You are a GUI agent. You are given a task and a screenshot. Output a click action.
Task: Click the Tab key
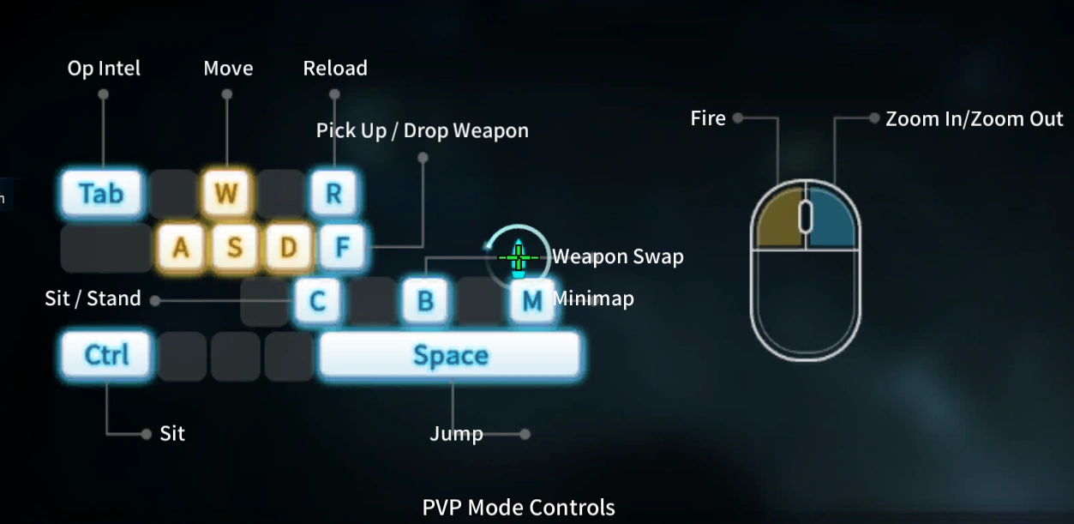click(102, 193)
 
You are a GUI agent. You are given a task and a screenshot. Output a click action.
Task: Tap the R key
click(333, 193)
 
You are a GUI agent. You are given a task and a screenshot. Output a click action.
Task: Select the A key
click(180, 247)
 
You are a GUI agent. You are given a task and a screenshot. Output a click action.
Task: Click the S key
click(234, 247)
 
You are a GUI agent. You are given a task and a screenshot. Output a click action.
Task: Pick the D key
click(288, 247)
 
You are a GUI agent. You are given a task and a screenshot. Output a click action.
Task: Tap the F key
click(342, 247)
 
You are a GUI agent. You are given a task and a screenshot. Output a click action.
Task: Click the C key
click(317, 301)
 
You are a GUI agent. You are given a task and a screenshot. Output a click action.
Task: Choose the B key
click(424, 301)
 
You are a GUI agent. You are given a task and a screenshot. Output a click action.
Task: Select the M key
click(531, 301)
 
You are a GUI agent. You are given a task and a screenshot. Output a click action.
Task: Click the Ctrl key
click(106, 355)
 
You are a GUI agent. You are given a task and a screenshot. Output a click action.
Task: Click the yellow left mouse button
click(777, 221)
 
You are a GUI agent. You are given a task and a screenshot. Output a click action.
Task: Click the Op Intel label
click(104, 69)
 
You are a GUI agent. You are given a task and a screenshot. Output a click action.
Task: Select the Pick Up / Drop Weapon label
click(422, 130)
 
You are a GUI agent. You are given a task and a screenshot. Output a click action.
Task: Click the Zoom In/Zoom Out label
click(974, 119)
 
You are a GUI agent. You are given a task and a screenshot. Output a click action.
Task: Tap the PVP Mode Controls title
click(519, 507)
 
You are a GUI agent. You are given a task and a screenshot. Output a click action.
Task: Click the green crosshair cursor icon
click(518, 256)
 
